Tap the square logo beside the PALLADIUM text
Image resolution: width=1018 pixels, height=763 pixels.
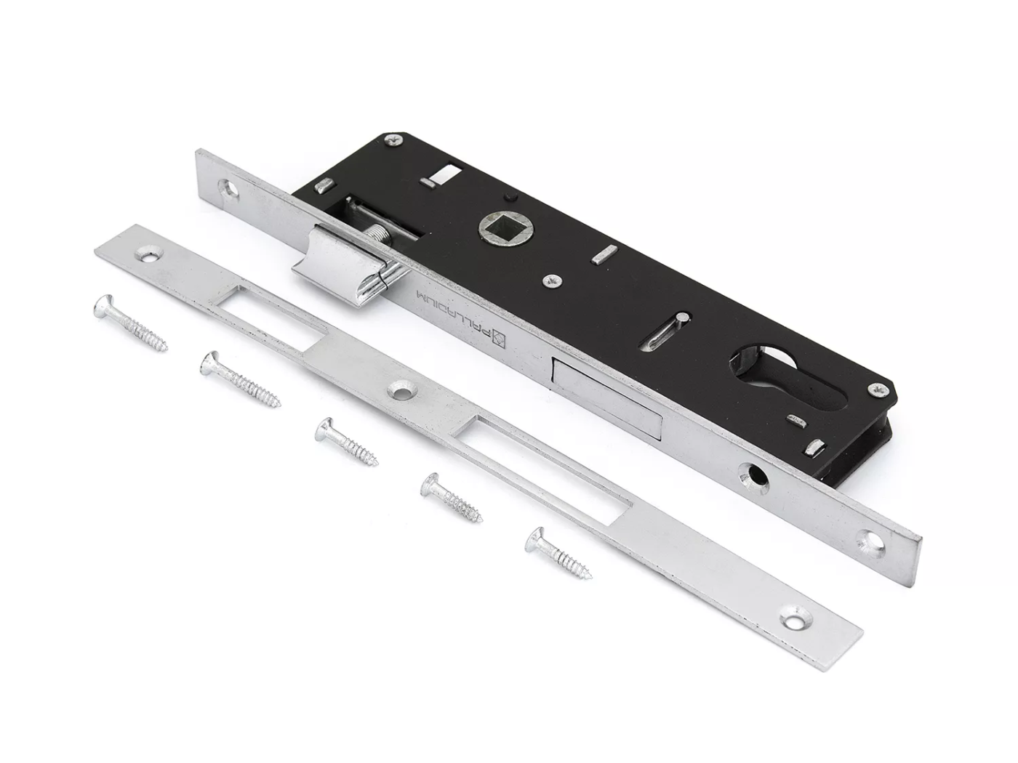(500, 340)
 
